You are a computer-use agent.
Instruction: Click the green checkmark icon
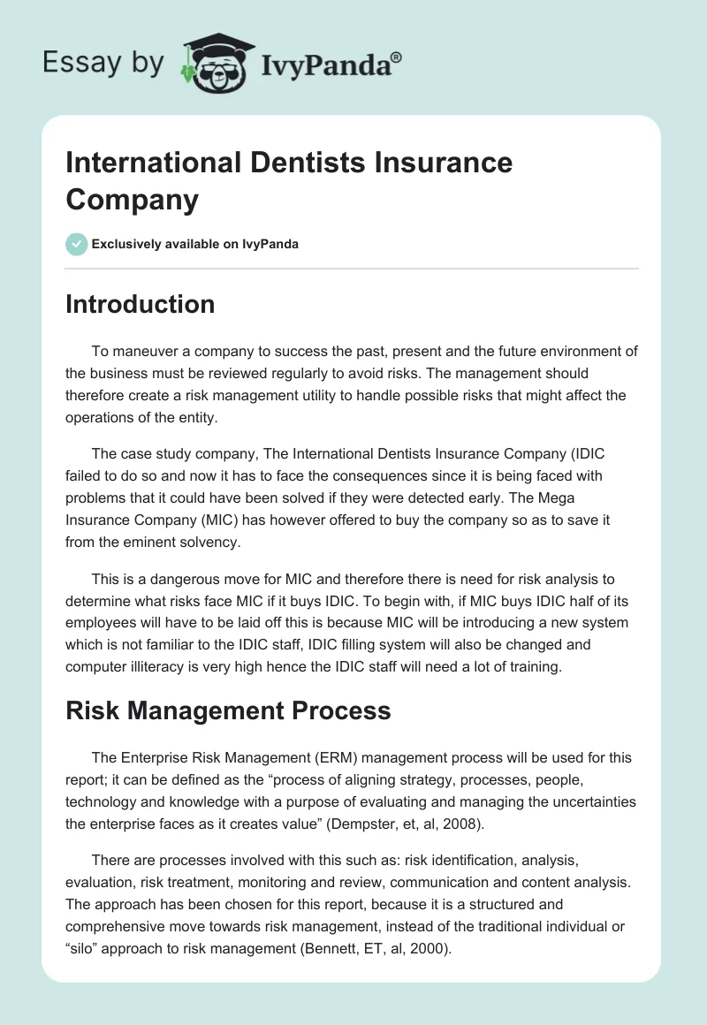click(x=77, y=244)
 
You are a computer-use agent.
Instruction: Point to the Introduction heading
click(x=141, y=304)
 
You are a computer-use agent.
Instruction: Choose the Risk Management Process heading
click(x=228, y=711)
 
